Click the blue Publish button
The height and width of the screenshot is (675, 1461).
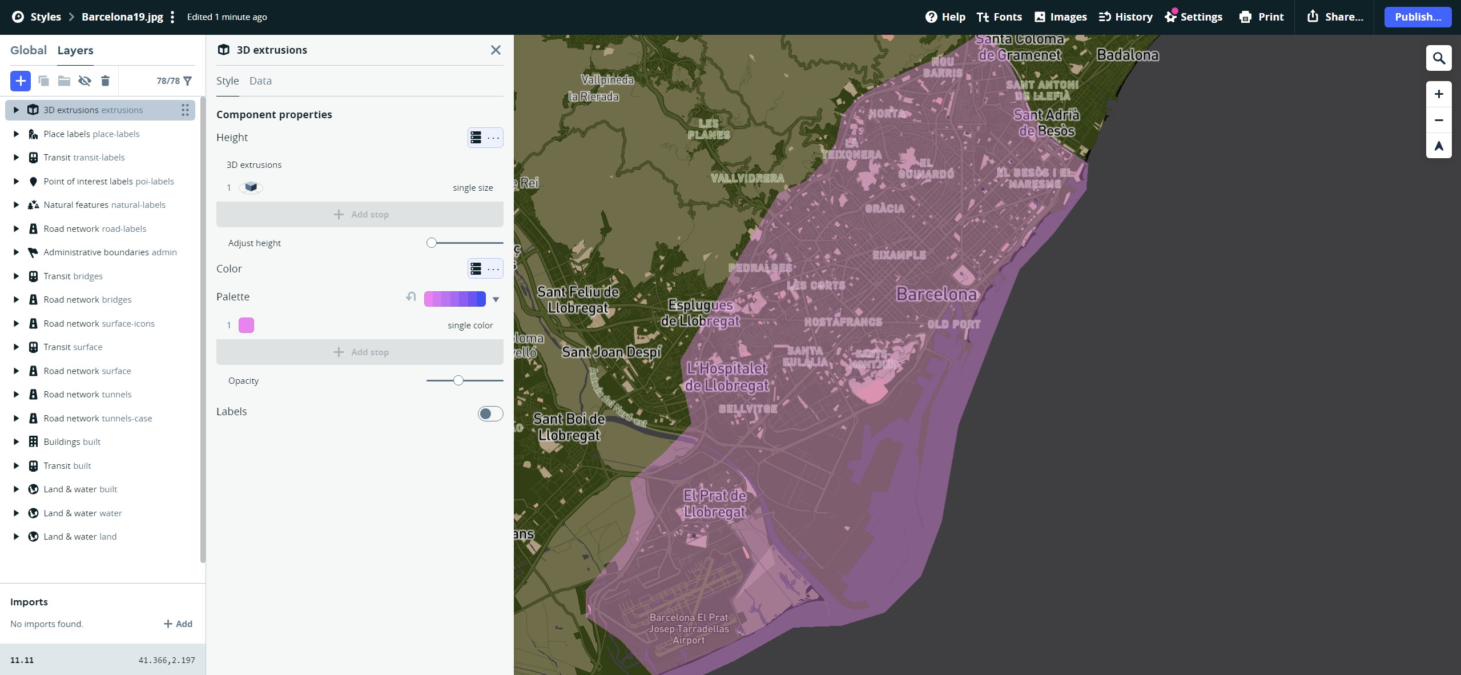pos(1417,17)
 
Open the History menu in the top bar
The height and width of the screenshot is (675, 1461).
pos(1125,17)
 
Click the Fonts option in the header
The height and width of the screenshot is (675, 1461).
pos(999,17)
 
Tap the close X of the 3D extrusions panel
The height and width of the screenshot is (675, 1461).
pos(496,50)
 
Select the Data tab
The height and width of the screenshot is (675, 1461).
pos(260,81)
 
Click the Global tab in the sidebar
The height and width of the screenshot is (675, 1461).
pos(29,50)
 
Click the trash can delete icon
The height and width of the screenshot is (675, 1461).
pos(105,81)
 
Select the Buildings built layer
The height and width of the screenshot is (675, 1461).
pos(72,442)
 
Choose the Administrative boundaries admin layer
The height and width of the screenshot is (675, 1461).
pos(110,252)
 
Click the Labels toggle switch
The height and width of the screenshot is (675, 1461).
pos(490,413)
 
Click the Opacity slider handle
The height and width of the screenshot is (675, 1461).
pos(458,380)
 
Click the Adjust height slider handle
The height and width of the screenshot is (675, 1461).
pos(432,243)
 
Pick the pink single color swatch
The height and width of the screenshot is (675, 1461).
pos(246,326)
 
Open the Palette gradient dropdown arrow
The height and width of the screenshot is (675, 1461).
pos(496,299)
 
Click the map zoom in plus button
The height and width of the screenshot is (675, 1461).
pos(1439,94)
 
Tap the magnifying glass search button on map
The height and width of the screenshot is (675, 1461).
pos(1439,58)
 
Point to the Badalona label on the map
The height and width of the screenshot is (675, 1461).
pos(1128,55)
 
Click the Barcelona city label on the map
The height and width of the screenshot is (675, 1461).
pos(936,295)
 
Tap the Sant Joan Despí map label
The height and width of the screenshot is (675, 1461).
pos(611,352)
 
